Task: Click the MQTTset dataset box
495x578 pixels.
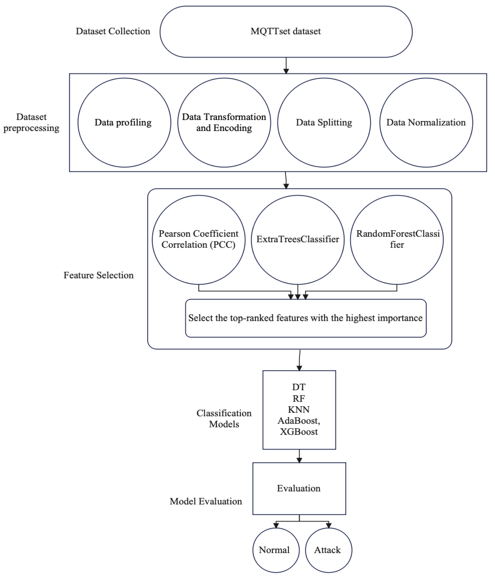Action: coord(286,32)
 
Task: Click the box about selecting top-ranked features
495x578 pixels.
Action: coord(306,318)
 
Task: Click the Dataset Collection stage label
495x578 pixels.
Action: coord(113,31)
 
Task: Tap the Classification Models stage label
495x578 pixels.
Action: coord(224,418)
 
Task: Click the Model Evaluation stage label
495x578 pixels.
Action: coord(206,501)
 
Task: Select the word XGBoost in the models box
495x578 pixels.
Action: coord(299,432)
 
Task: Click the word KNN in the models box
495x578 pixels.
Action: coord(299,410)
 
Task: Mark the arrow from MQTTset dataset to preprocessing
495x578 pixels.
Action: coord(286,66)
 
